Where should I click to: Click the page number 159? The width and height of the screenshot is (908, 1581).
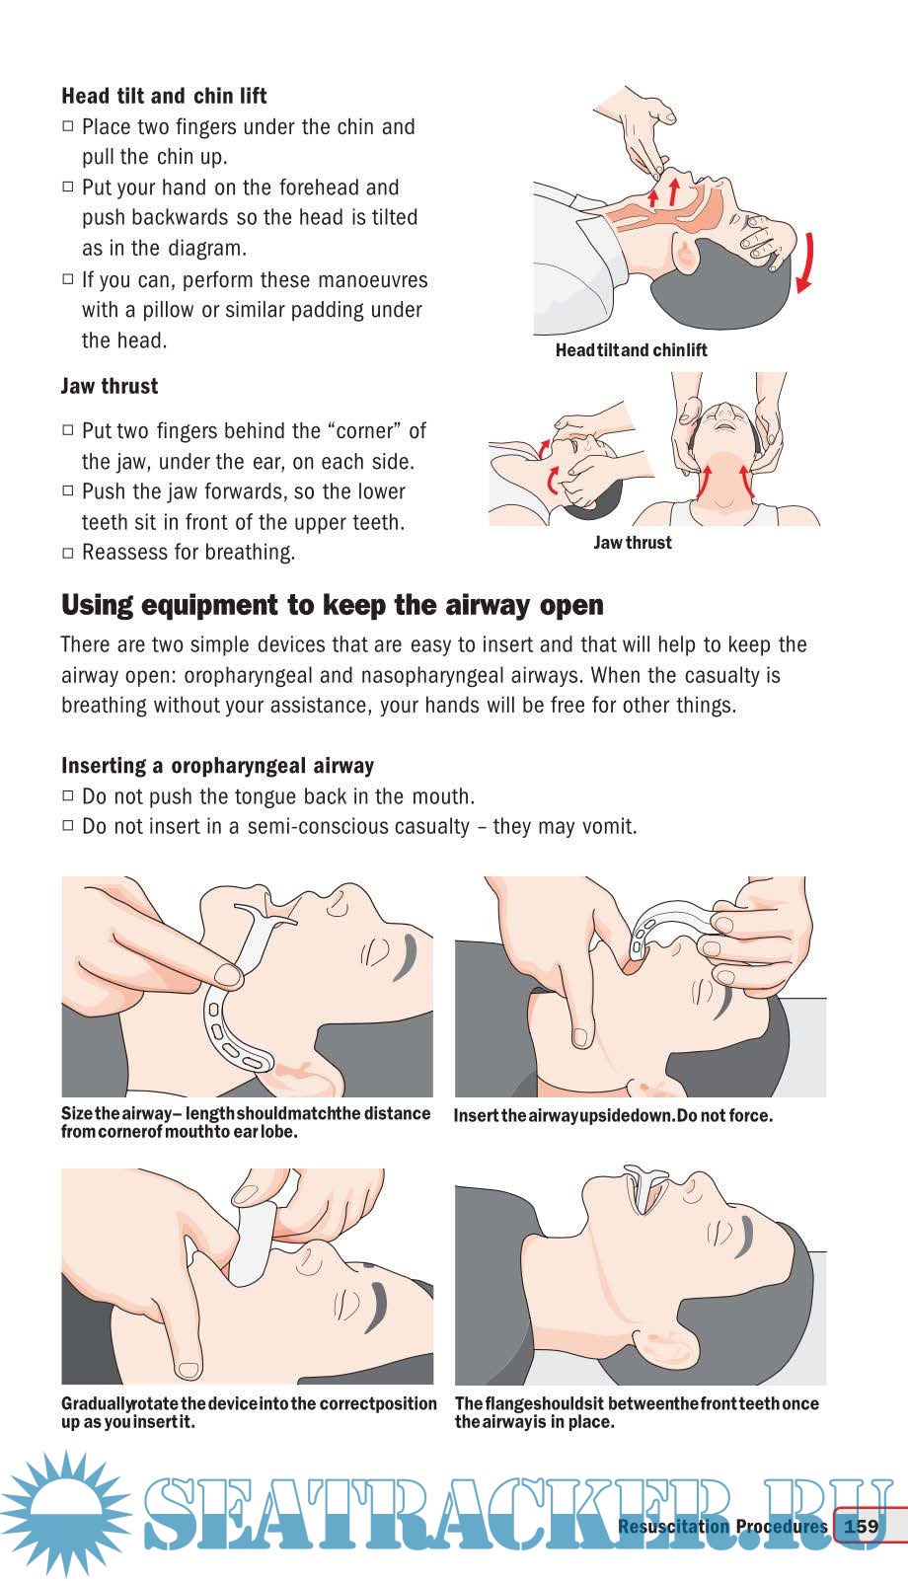point(861,1526)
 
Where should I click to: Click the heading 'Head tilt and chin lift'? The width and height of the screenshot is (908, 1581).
point(164,96)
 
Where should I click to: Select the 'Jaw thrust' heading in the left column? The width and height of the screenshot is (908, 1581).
point(110,386)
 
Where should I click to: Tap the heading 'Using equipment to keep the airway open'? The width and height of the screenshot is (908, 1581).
point(332,606)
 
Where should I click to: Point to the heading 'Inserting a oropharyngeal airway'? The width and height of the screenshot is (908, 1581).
point(217,766)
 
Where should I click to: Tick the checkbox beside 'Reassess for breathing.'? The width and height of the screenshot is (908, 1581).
point(68,553)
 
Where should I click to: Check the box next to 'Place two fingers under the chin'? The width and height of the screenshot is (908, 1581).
point(68,126)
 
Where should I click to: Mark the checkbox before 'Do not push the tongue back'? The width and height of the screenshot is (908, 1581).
point(68,795)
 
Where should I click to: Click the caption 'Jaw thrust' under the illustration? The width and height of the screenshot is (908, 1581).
point(632,543)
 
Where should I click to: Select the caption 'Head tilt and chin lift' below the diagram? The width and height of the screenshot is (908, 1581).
point(631,350)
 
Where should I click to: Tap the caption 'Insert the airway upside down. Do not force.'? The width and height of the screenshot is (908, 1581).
point(613,1116)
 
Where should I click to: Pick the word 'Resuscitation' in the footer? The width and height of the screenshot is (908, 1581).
point(673,1526)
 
